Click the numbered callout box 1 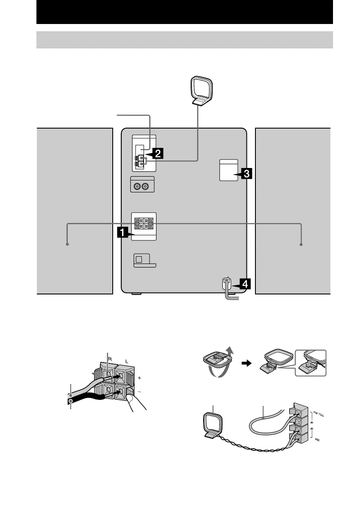pos(122,233)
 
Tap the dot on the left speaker pos(67,244)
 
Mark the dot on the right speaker pos(301,244)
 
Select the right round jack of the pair pos(147,186)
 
